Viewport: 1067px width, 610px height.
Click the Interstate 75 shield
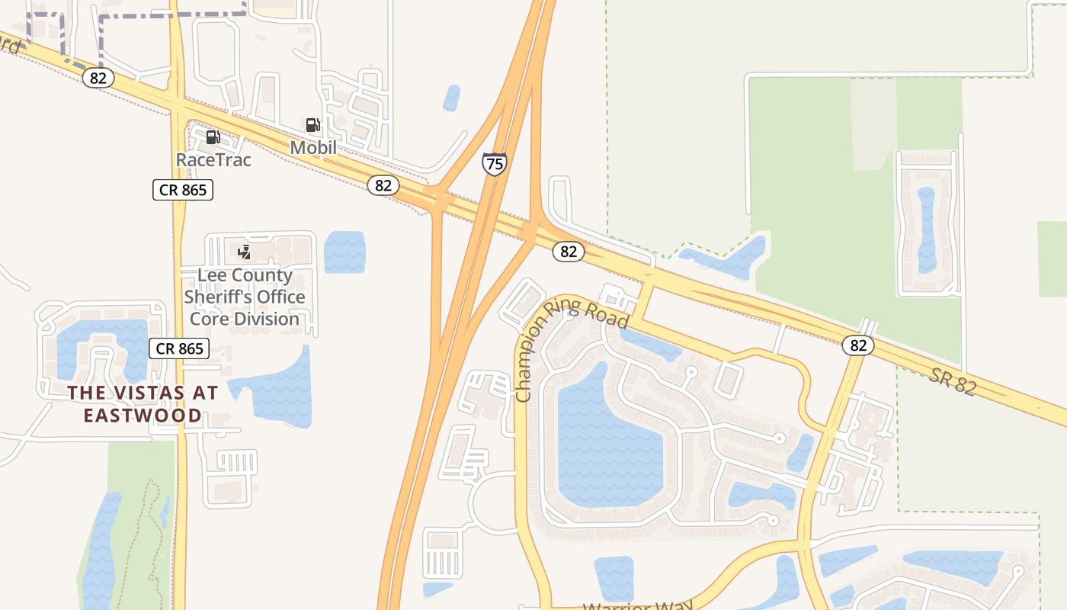click(x=494, y=164)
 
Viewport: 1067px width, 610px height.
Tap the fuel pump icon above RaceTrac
click(x=213, y=137)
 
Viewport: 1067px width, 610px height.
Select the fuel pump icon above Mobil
click(x=312, y=124)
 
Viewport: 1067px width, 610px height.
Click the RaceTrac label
click(x=213, y=160)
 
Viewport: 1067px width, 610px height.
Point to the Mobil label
click(x=313, y=147)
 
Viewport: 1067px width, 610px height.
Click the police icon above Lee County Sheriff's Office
click(x=245, y=252)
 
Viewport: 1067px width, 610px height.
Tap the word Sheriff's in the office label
click(x=245, y=297)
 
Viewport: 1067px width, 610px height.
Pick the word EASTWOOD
click(x=143, y=416)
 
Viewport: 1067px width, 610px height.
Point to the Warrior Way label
click(x=638, y=606)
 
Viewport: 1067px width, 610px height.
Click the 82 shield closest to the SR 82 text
click(x=858, y=345)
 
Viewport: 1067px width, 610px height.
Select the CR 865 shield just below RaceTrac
click(x=183, y=190)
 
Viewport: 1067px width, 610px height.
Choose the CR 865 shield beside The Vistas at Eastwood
click(x=178, y=348)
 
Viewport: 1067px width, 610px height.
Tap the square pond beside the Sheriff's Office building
click(x=344, y=252)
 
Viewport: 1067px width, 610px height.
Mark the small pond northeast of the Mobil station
click(x=452, y=98)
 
